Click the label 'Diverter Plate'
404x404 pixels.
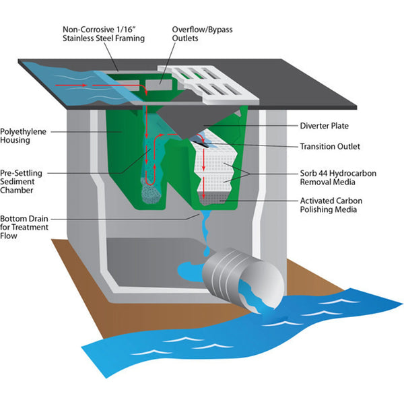[324, 126]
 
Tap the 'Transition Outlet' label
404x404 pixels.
[330, 146]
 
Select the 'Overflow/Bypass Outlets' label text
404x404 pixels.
[202, 34]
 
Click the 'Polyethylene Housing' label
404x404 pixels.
[23, 136]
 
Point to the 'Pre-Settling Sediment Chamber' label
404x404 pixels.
[21, 181]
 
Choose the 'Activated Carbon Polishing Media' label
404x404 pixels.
[331, 205]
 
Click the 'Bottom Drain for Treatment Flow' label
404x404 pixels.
[24, 227]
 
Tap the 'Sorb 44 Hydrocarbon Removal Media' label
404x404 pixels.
[338, 178]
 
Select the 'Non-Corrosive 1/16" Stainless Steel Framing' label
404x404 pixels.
[104, 34]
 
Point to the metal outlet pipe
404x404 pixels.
[244, 279]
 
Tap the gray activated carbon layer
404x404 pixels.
[212, 198]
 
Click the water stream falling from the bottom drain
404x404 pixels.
[206, 232]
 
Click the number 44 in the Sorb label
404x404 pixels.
[323, 173]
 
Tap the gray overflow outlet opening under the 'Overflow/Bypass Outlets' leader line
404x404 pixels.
[159, 85]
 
